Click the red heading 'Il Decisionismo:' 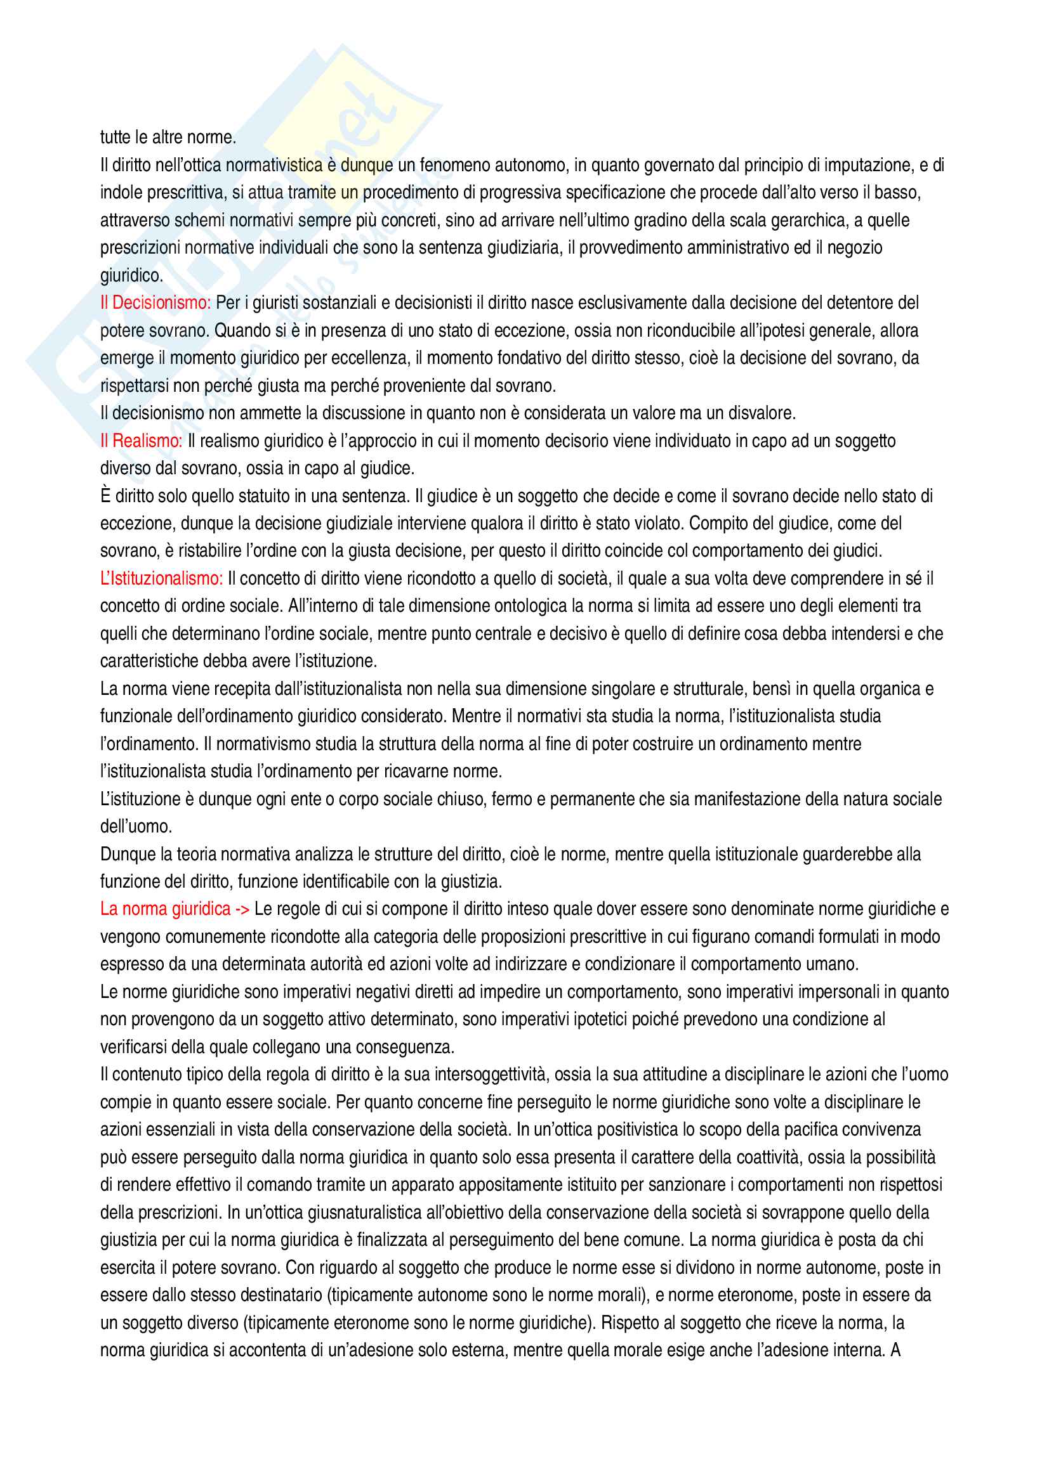tap(155, 303)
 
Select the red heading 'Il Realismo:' tap(141, 441)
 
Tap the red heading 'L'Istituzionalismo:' tap(161, 579)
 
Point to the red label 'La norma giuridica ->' tap(175, 909)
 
